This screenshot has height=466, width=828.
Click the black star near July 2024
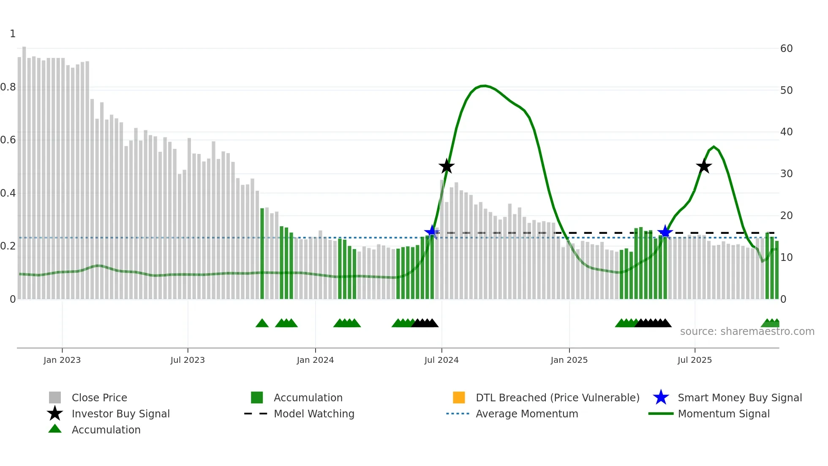447,166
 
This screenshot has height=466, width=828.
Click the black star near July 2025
704,166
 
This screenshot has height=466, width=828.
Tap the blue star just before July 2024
432,232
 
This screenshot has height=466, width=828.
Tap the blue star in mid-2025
665,232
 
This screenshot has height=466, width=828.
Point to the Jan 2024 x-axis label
315,360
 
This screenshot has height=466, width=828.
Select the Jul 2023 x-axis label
188,360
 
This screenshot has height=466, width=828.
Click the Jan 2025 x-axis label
569,360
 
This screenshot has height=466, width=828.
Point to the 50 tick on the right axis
786,90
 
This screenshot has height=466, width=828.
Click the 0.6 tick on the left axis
8,140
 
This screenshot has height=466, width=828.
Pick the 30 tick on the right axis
786,174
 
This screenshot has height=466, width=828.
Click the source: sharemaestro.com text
747,332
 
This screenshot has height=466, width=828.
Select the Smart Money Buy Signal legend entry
739,397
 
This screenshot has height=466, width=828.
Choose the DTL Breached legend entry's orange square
459,397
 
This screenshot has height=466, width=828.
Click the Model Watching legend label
314,414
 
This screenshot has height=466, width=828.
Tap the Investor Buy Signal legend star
55,414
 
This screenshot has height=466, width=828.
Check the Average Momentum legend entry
526,414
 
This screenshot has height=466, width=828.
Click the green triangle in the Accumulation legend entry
55,429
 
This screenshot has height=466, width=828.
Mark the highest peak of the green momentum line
484,86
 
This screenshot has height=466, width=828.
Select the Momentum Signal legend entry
723,414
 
